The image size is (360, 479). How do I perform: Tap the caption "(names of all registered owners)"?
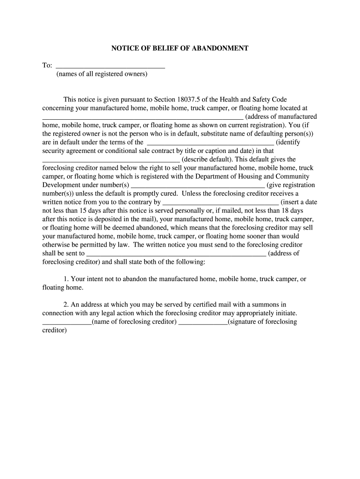tap(102, 74)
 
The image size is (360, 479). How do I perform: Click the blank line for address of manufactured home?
tap(143, 117)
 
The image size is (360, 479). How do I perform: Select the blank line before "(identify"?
tap(210, 142)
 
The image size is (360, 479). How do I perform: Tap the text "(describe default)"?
tap(204, 159)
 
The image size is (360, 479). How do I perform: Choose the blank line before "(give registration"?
tap(197, 185)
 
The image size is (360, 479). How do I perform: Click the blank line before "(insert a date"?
tap(221, 202)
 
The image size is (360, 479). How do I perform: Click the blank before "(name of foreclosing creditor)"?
tap(67, 322)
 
